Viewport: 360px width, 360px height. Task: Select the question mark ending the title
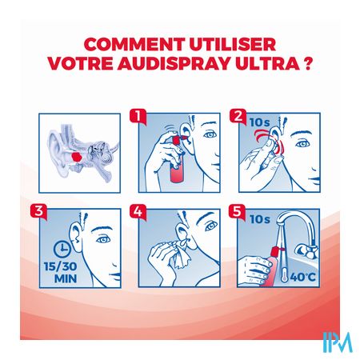(x=308, y=63)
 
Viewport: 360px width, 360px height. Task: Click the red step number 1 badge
(x=138, y=116)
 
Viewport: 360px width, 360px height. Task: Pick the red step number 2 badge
(x=238, y=116)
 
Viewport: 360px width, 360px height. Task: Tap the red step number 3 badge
(x=38, y=212)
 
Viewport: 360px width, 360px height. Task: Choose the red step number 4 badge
(x=138, y=212)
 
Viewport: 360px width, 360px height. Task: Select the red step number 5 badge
(x=237, y=212)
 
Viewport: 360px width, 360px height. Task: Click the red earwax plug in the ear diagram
(x=77, y=157)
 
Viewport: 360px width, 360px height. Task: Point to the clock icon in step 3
(x=62, y=249)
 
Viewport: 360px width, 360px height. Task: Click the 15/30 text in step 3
(x=61, y=266)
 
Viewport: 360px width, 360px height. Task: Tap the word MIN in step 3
(x=66, y=278)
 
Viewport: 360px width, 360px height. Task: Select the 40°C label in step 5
(x=302, y=277)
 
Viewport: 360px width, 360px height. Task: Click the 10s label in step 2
(x=260, y=122)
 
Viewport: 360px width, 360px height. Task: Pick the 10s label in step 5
(x=260, y=219)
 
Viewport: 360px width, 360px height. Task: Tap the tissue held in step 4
(x=182, y=254)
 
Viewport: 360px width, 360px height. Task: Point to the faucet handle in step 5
(x=306, y=251)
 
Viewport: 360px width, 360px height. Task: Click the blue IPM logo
(x=338, y=342)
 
